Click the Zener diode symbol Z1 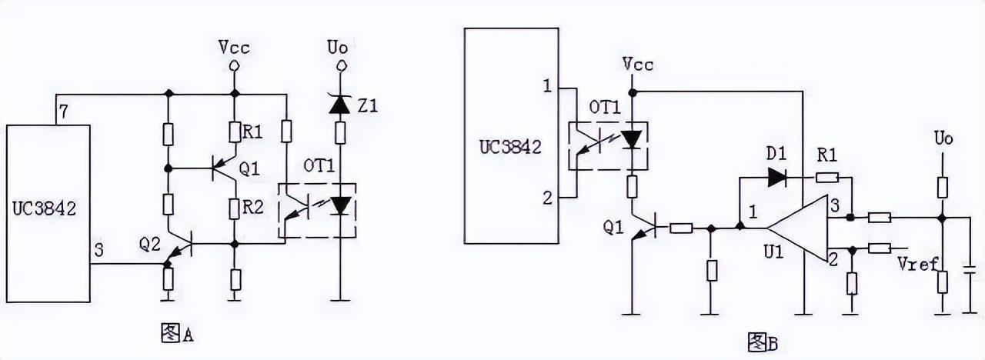click(x=339, y=106)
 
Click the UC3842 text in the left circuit click(x=45, y=208)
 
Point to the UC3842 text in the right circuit click(x=511, y=147)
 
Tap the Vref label click(x=919, y=264)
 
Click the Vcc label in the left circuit click(x=234, y=48)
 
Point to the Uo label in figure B click(x=943, y=139)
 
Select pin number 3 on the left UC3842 click(x=98, y=250)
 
